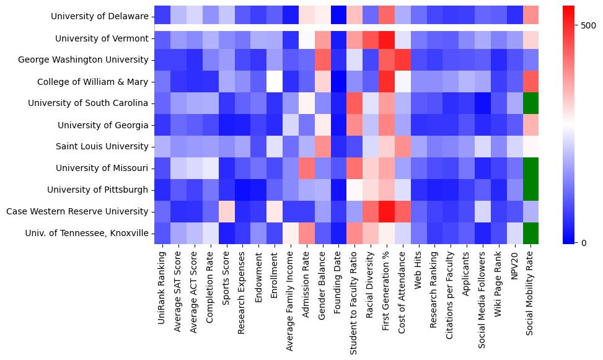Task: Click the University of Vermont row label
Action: pyautogui.click(x=102, y=38)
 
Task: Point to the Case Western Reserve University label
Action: pyautogui.click(x=77, y=211)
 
